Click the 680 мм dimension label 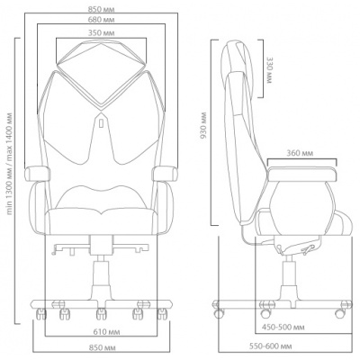(101, 20)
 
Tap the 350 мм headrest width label (101, 32)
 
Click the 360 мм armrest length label (300, 153)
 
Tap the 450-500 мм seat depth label (283, 327)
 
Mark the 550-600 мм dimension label (271, 346)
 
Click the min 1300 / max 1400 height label (10, 164)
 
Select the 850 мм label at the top (101, 9)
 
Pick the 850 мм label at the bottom (102, 348)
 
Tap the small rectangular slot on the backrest (101, 123)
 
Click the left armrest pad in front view (37, 175)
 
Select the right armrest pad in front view (165, 175)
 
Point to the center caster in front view (101, 314)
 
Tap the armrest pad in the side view (301, 174)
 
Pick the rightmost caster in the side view (340, 313)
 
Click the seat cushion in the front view (102, 221)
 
